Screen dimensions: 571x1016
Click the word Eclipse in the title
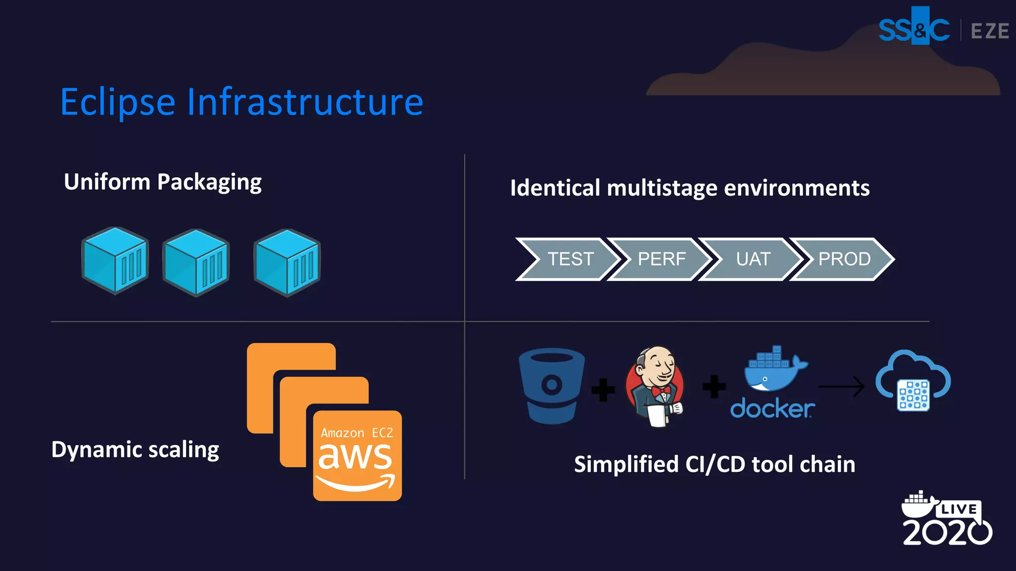pyautogui.click(x=118, y=103)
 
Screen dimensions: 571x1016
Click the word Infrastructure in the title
pyautogui.click(x=305, y=102)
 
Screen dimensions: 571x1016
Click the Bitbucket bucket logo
pyautogui.click(x=552, y=386)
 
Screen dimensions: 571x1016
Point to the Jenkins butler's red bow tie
pyautogui.click(x=661, y=392)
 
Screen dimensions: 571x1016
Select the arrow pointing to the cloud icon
pyautogui.click(x=841, y=387)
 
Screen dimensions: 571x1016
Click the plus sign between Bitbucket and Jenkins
pyautogui.click(x=603, y=390)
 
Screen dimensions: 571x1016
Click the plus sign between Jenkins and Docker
pyautogui.click(x=714, y=387)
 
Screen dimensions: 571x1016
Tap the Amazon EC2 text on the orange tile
pyautogui.click(x=357, y=433)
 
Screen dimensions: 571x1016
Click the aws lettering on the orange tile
pyautogui.click(x=355, y=457)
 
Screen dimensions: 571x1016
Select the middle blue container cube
pyautogui.click(x=196, y=263)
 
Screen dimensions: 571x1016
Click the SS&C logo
pyautogui.click(x=914, y=30)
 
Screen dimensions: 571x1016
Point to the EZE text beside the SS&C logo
pyautogui.click(x=989, y=31)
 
